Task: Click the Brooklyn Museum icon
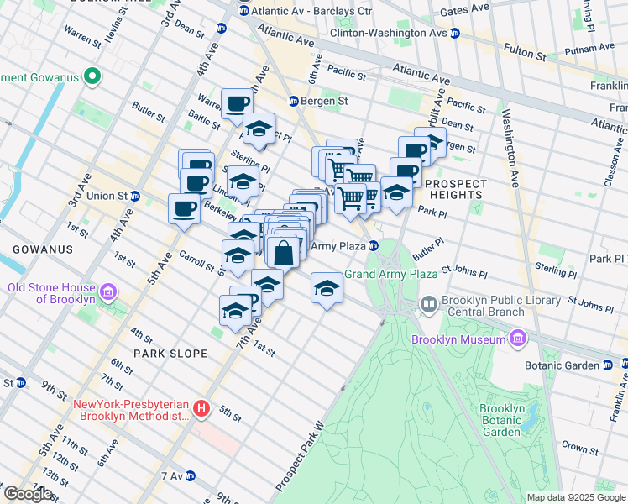click(x=518, y=339)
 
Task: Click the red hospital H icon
click(x=201, y=409)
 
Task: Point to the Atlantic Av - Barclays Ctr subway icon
click(x=244, y=11)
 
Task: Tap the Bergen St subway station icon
click(x=294, y=101)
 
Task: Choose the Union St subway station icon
click(x=135, y=196)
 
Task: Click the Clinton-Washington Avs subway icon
click(x=454, y=33)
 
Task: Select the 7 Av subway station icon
click(x=191, y=476)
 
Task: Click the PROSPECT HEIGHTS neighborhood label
click(x=456, y=189)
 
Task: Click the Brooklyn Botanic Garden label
click(x=503, y=420)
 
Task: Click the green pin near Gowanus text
click(x=92, y=79)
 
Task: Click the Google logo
click(x=28, y=494)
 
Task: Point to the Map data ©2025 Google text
click(x=576, y=497)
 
